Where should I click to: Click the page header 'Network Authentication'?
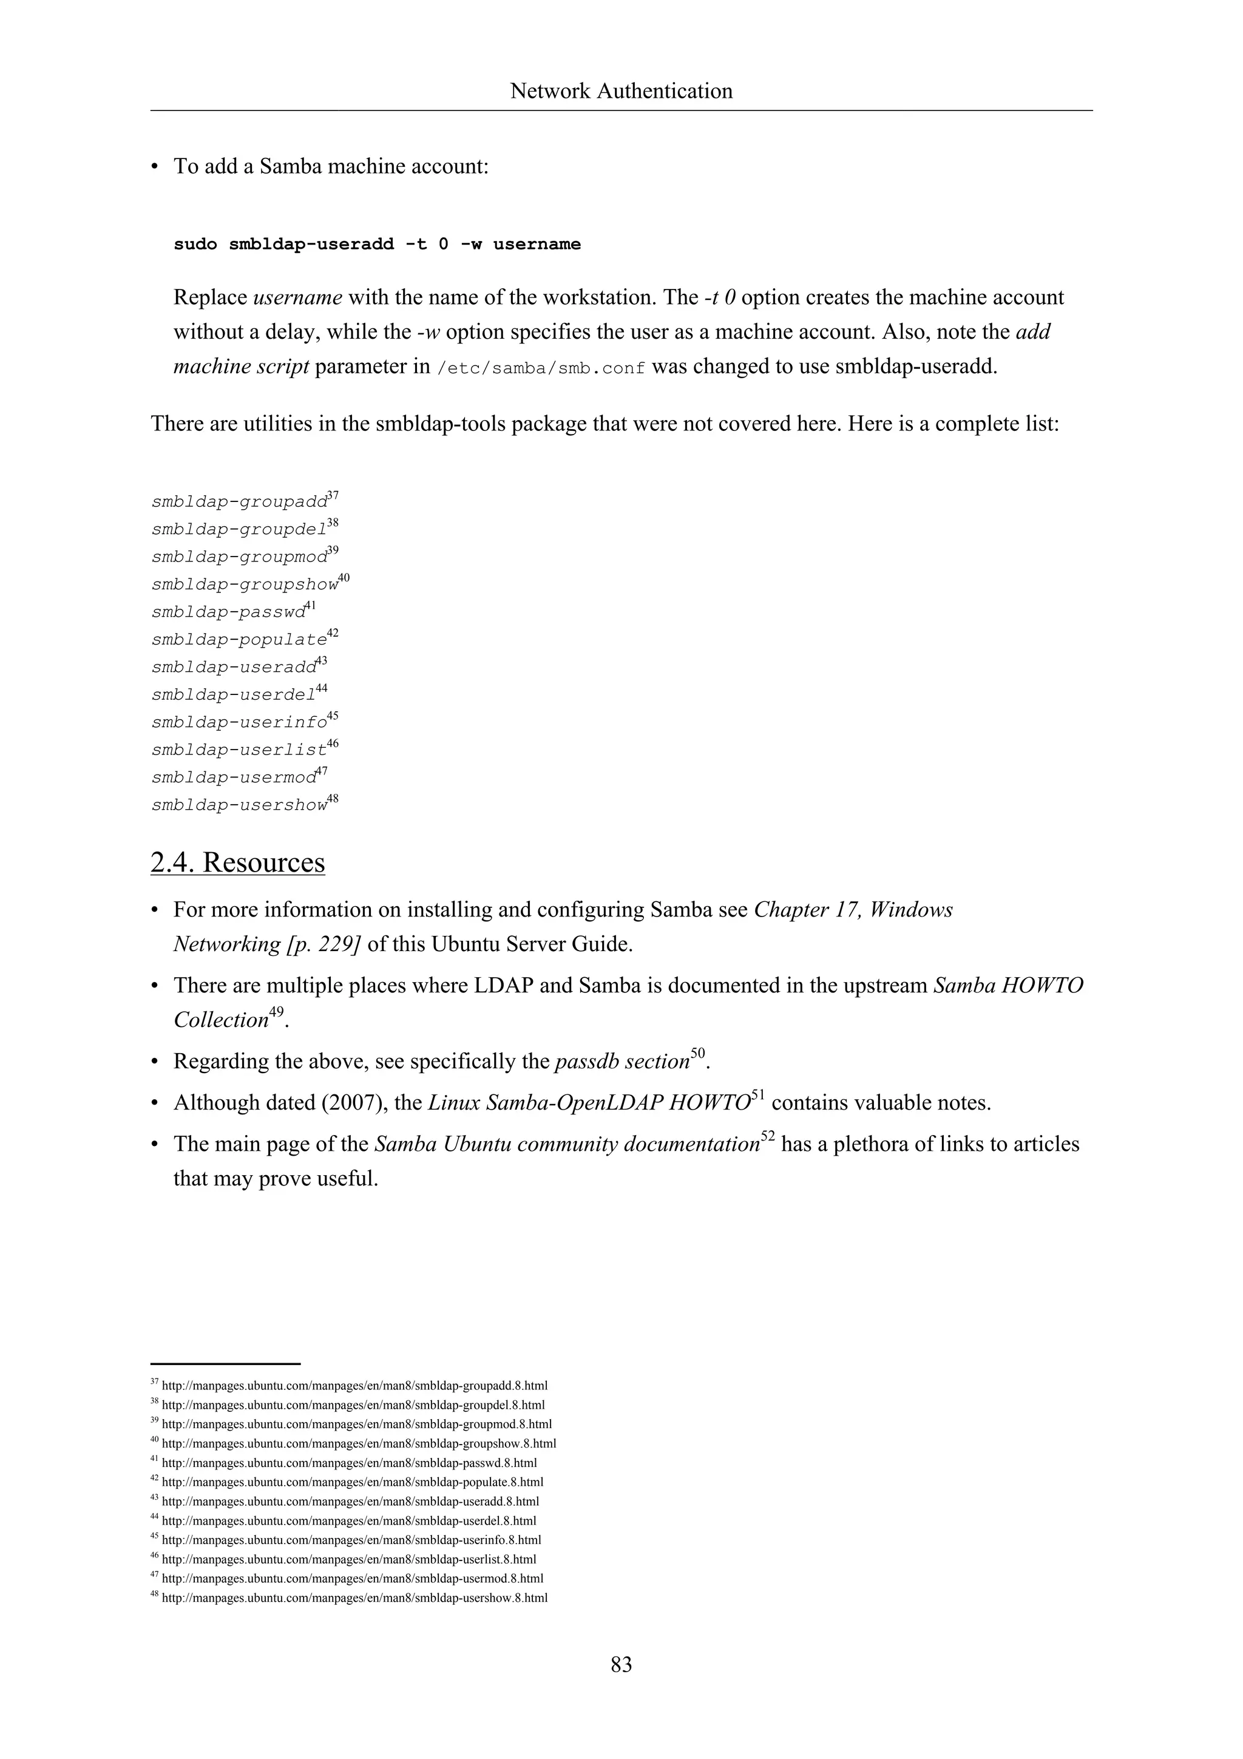[x=621, y=91]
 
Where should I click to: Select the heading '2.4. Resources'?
[x=237, y=863]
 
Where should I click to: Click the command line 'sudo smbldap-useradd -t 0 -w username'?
[x=377, y=245]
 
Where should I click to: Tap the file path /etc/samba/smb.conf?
[x=541, y=368]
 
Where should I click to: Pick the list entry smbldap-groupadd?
[x=239, y=503]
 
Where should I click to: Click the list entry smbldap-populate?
[x=239, y=640]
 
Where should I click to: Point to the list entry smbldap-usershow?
[x=239, y=806]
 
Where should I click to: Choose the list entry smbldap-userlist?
[x=239, y=751]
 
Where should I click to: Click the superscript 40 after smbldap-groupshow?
[x=344, y=578]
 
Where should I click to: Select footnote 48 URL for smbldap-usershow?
[x=354, y=1598]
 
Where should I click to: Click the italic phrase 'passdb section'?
[x=622, y=1062]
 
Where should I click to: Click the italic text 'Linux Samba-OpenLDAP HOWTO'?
[x=588, y=1103]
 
